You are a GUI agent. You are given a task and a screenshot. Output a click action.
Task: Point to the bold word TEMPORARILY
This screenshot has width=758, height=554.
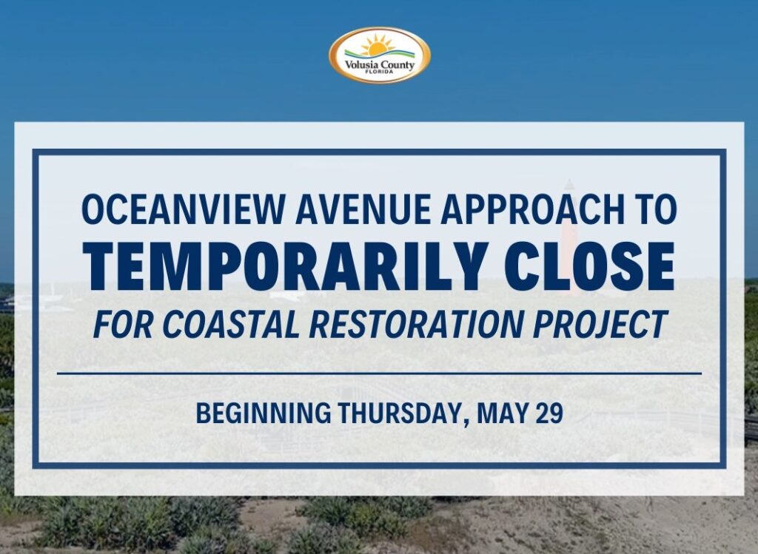(285, 266)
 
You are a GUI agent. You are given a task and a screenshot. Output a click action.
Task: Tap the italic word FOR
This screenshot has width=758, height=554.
(124, 324)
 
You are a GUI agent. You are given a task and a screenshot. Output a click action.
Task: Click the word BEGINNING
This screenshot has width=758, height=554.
(264, 413)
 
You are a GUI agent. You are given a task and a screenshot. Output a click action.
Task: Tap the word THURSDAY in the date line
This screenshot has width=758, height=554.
(400, 413)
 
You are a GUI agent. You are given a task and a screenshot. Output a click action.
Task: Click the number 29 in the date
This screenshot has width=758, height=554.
(549, 413)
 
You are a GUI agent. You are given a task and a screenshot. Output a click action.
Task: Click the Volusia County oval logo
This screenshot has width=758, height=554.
(380, 55)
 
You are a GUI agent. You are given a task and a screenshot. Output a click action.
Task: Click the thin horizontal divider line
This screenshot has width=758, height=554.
(379, 374)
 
